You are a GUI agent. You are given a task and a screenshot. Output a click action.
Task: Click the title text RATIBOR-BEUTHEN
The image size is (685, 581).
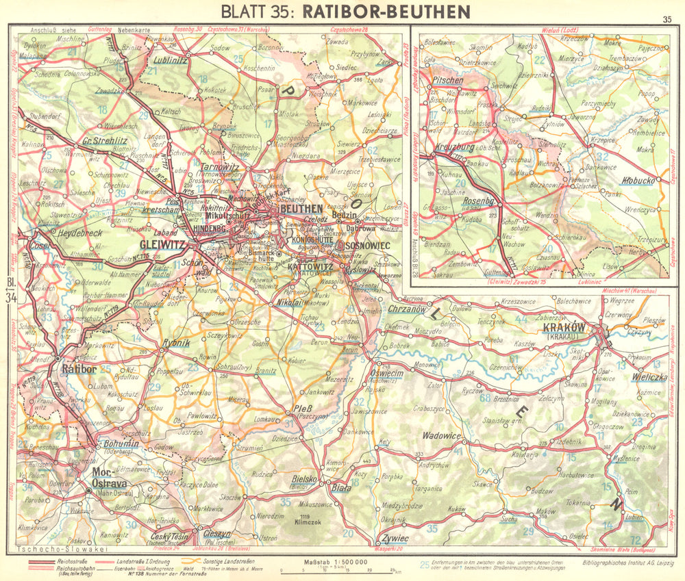[386, 12]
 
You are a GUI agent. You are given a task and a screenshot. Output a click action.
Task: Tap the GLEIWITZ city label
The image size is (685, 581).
[163, 244]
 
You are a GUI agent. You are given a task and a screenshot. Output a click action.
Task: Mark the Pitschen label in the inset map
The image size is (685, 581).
[449, 80]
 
